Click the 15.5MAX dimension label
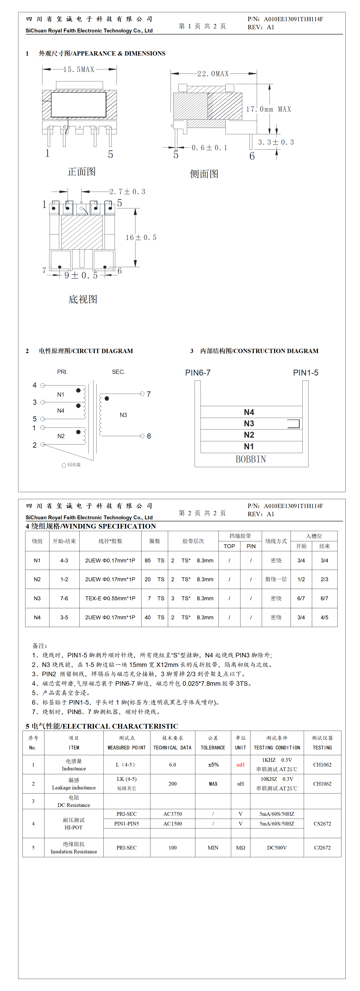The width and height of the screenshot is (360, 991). click(79, 69)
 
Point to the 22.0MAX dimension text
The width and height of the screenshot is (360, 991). click(213, 73)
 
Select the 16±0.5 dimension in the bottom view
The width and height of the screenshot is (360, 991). click(141, 237)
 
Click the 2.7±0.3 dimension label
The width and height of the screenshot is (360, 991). click(127, 192)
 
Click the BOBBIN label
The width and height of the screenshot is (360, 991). click(251, 459)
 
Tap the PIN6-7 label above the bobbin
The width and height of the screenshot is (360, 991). click(198, 372)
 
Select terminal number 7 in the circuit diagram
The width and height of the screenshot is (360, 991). click(149, 394)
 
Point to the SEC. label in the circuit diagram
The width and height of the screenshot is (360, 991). click(118, 372)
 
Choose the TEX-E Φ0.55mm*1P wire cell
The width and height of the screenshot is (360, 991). click(110, 598)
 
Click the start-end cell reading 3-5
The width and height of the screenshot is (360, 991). click(64, 617)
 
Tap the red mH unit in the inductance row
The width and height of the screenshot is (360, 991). click(240, 765)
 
